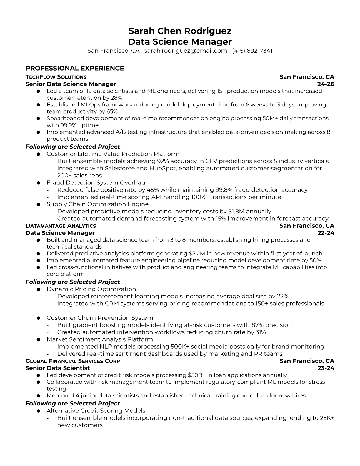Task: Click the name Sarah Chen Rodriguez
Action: [x=180, y=31]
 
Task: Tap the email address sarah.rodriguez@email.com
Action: [x=185, y=51]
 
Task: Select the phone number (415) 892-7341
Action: [x=252, y=51]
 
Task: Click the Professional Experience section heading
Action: [x=75, y=68]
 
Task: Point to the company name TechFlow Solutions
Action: [x=56, y=77]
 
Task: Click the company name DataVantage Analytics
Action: [x=61, y=226]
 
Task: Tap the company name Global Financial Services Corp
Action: [x=73, y=361]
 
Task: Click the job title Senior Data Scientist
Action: [x=58, y=368]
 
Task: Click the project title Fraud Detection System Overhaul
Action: [x=96, y=183]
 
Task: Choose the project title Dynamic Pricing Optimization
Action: [x=91, y=289]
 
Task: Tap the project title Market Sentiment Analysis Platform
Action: [x=100, y=339]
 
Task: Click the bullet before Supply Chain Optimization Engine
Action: [x=38, y=204]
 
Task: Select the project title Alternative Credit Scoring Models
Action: [x=96, y=411]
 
